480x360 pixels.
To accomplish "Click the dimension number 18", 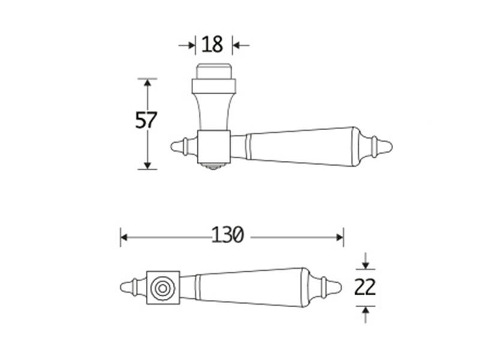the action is tap(212, 44).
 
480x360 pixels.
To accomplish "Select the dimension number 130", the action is tap(228, 235).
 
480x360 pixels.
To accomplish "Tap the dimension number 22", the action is tap(365, 287).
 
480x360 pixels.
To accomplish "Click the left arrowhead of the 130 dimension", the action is tap(124, 237).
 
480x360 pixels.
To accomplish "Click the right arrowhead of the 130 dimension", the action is tap(340, 237).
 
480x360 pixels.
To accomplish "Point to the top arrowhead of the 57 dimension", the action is tap(148, 83).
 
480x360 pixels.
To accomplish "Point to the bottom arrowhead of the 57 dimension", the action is tap(148, 166).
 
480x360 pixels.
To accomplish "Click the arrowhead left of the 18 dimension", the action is tap(191, 46).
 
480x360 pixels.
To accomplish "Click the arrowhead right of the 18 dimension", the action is tap(236, 46).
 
